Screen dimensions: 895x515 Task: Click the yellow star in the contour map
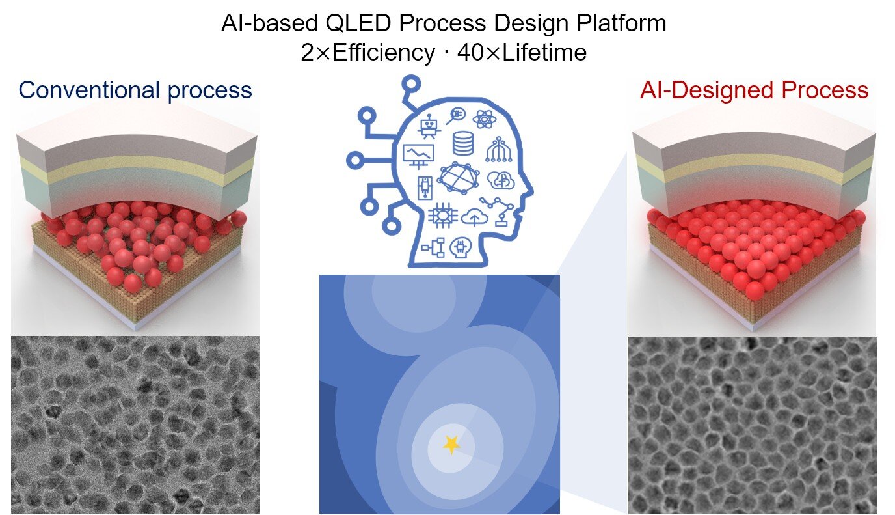coord(451,445)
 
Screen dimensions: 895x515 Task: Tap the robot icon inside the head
coord(429,126)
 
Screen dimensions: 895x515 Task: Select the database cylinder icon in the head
coord(463,143)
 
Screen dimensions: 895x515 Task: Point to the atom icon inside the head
coord(485,118)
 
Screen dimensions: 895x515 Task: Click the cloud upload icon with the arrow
coord(474,217)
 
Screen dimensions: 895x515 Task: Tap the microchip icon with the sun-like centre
coord(442,216)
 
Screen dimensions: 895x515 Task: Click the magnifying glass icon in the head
coord(456,115)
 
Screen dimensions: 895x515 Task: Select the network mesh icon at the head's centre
coord(459,178)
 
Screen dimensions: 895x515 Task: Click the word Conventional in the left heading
coord(89,90)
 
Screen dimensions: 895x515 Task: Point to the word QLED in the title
coord(358,23)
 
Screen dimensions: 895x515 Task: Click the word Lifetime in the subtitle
coord(544,52)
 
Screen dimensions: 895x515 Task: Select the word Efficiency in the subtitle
coord(384,53)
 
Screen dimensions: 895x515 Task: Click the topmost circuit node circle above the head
coord(412,83)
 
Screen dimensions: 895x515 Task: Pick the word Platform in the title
coord(621,23)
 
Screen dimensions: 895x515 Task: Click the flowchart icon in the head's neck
coord(433,248)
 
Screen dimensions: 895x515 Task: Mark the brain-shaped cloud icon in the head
coord(501,180)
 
